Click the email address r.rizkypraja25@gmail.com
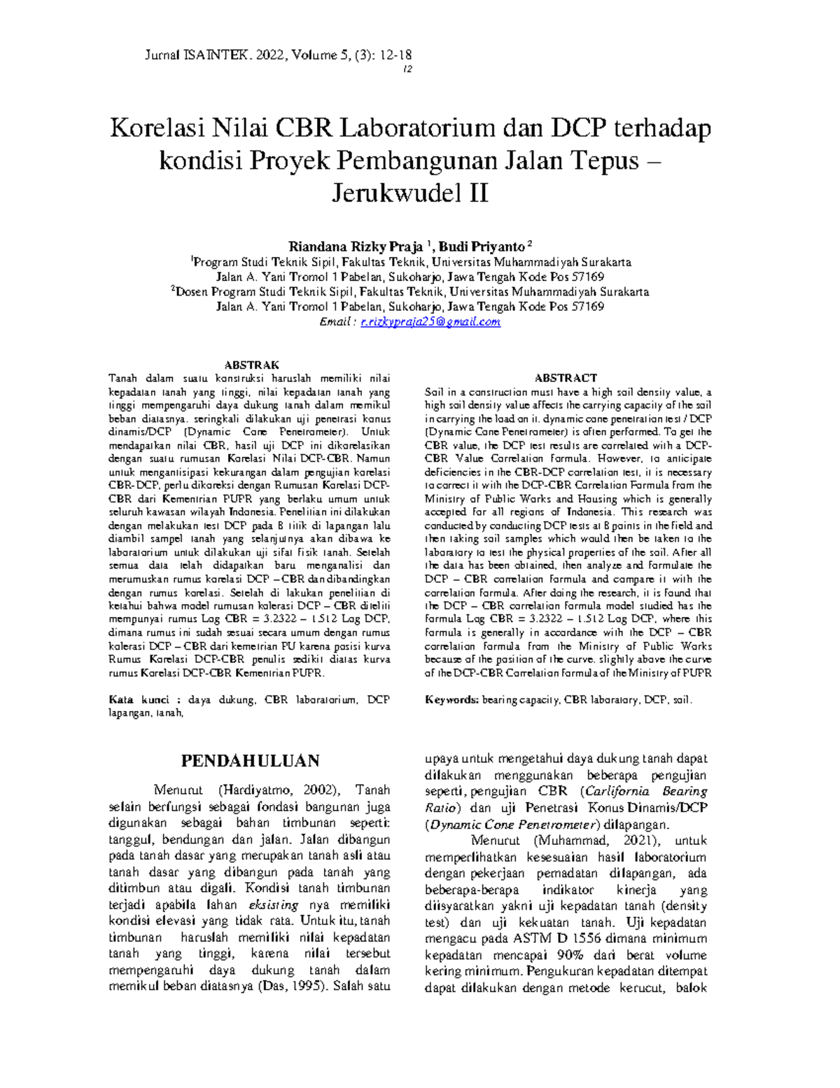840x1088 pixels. tap(430, 322)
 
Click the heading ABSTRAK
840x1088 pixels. tap(251, 365)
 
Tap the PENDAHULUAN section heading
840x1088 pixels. tap(251, 762)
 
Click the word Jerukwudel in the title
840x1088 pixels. tap(392, 193)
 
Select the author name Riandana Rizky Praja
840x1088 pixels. tap(356, 247)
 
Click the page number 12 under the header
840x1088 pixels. tap(407, 69)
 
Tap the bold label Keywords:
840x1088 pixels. tap(451, 700)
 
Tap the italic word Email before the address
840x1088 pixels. tap(333, 322)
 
